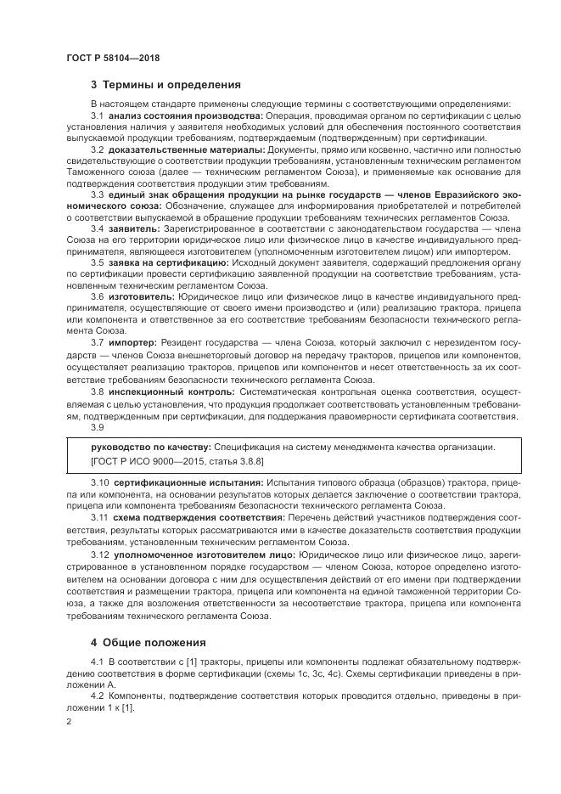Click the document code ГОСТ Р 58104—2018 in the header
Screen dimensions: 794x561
click(x=113, y=56)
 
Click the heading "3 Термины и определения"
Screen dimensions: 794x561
click(x=165, y=85)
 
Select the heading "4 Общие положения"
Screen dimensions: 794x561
click(x=149, y=642)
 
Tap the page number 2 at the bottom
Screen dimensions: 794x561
click(x=69, y=721)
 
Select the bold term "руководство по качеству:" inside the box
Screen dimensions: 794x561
click(x=151, y=447)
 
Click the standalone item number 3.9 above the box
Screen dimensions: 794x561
click(x=98, y=427)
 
